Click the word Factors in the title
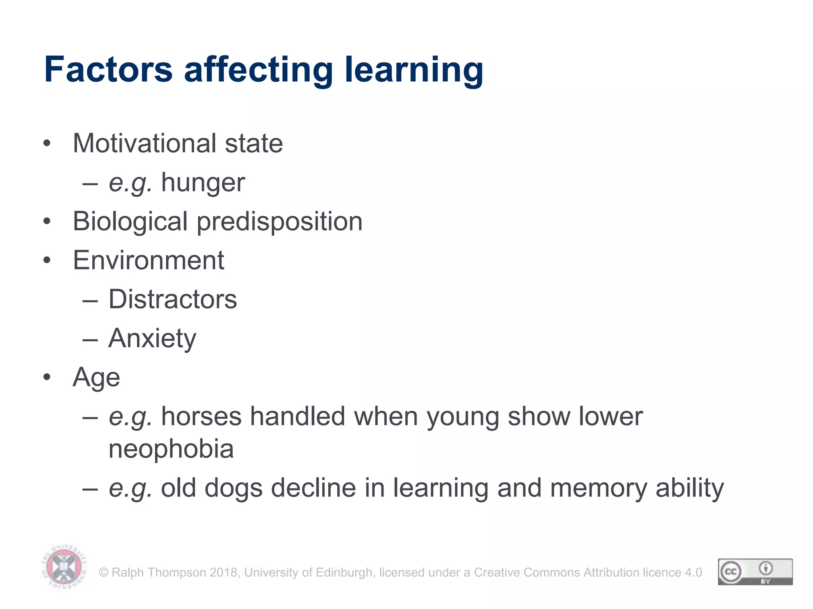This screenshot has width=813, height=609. (x=108, y=70)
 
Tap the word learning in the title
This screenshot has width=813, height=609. (x=414, y=70)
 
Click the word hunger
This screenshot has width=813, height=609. (x=203, y=183)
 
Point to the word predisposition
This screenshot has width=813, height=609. (x=279, y=222)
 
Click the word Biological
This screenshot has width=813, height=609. (x=130, y=222)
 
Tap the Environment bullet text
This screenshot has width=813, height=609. (x=148, y=260)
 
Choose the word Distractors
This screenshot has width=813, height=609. (x=173, y=299)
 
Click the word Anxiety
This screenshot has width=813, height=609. (x=152, y=339)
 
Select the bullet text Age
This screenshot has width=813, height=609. (x=96, y=377)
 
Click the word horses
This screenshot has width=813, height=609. (x=201, y=417)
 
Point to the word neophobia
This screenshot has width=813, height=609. (x=171, y=449)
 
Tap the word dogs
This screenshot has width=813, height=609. (x=233, y=488)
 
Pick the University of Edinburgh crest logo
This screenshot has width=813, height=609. (x=64, y=567)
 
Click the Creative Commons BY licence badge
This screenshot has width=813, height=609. (x=755, y=572)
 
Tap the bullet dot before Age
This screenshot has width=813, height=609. (x=47, y=377)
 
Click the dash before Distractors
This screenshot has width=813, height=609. (x=90, y=300)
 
